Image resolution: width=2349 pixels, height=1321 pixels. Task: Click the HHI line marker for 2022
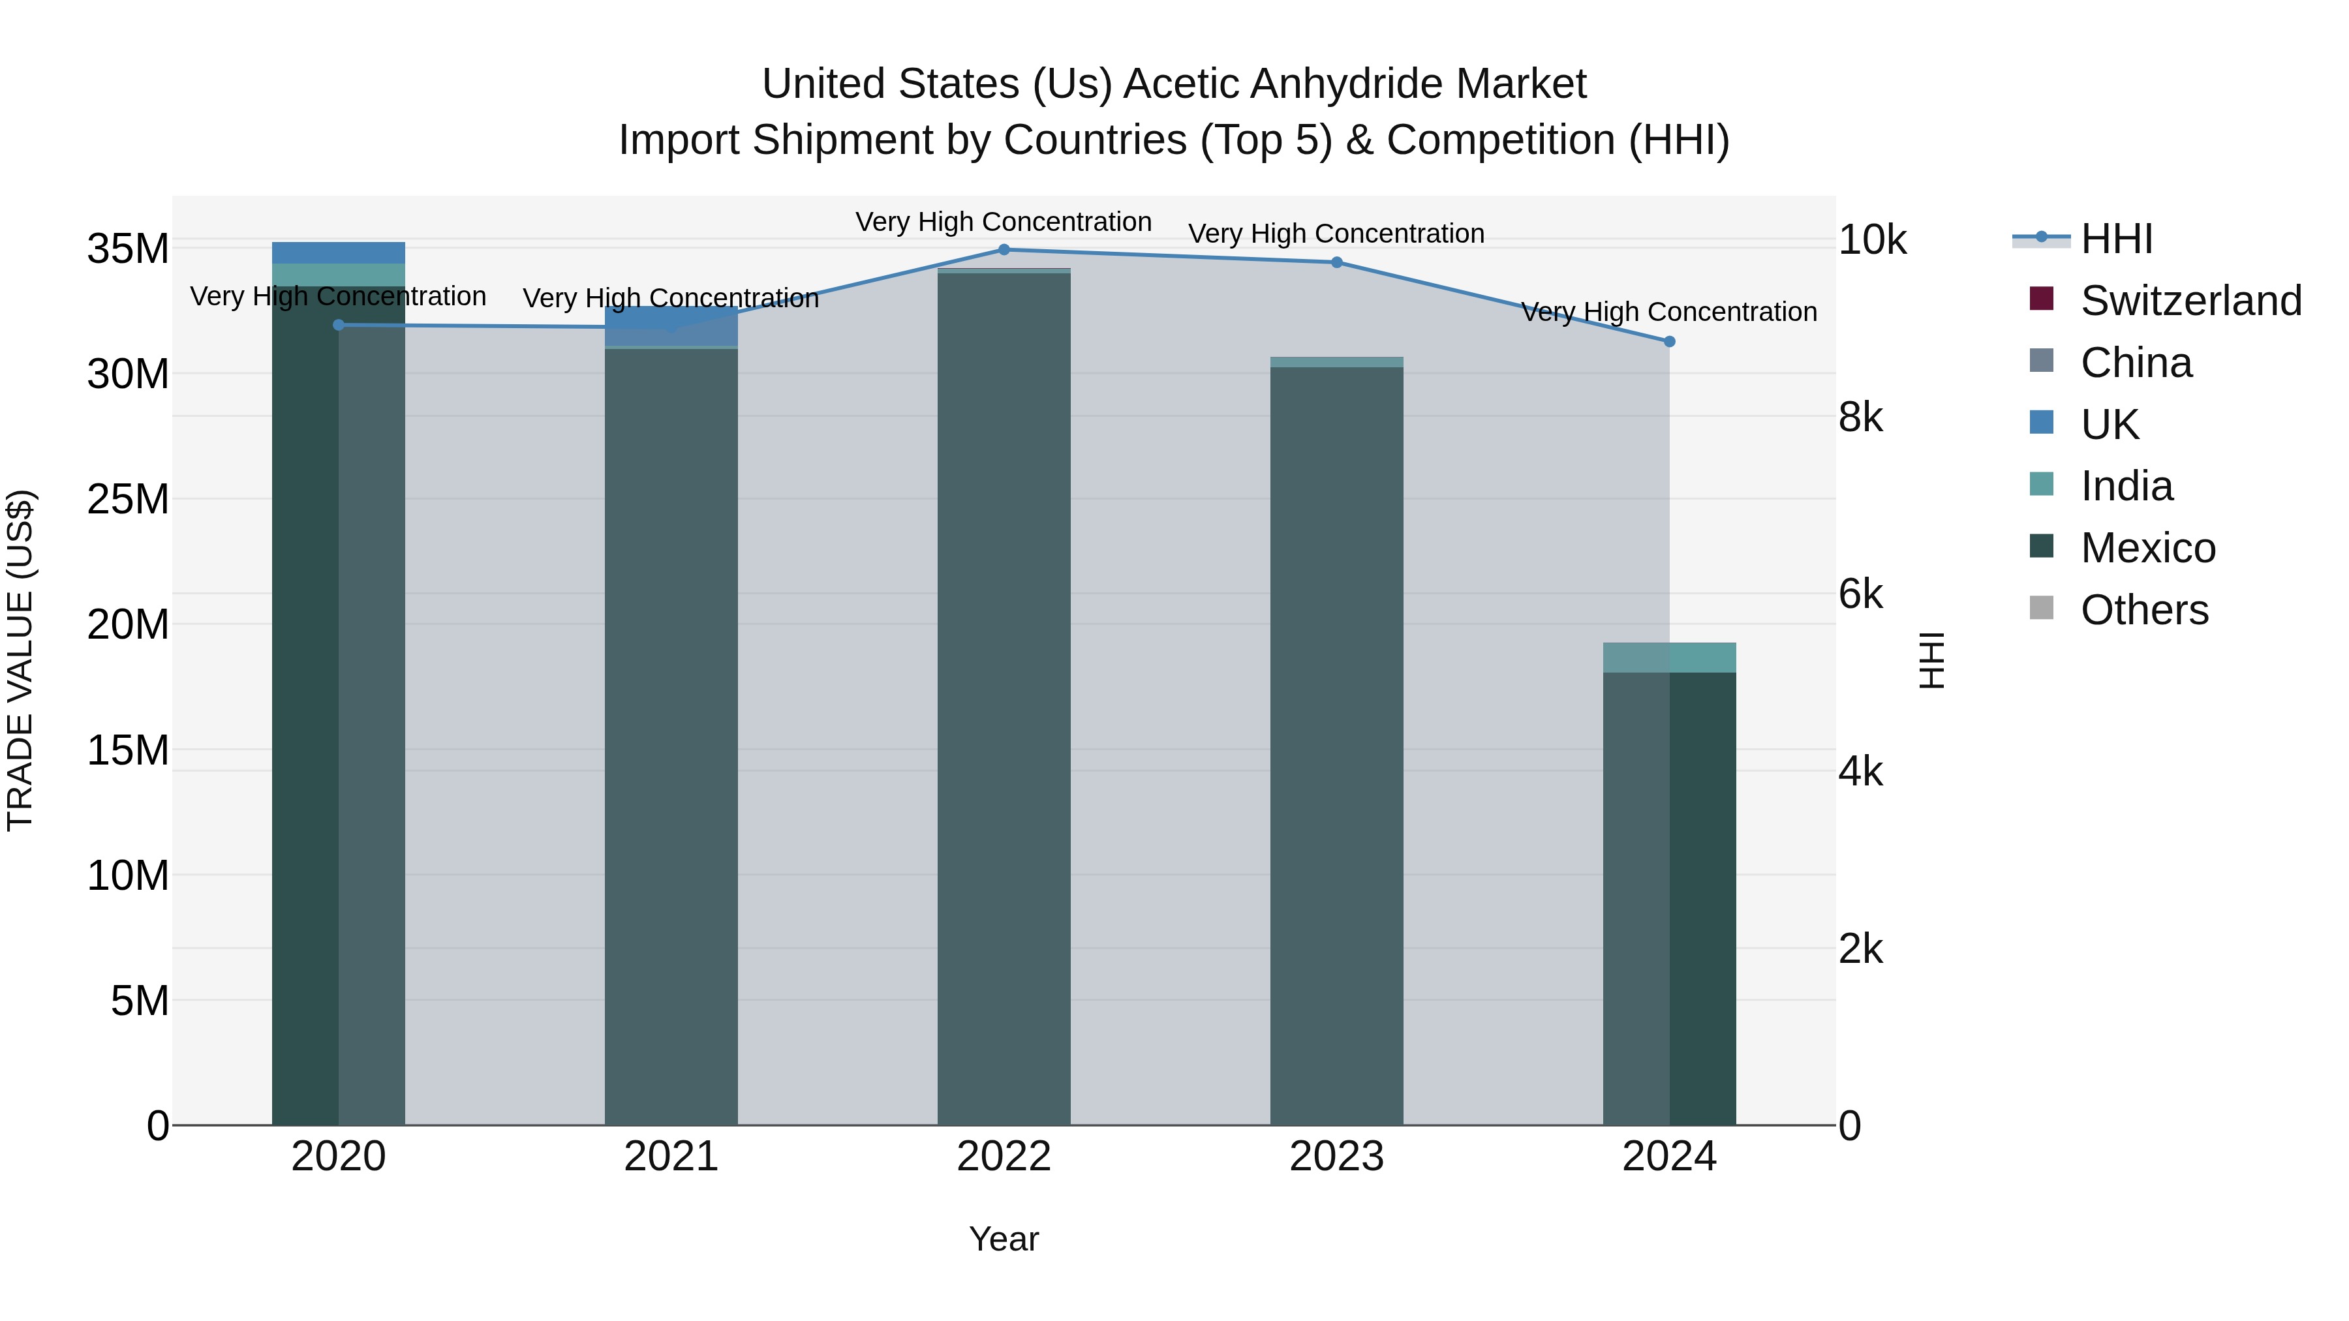pyautogui.click(x=1004, y=250)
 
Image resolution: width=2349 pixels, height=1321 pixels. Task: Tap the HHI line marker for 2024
pyautogui.click(x=1670, y=342)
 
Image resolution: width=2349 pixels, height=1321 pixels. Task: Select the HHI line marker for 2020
pyautogui.click(x=338, y=326)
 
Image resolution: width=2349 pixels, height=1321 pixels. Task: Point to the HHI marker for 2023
pyautogui.click(x=1337, y=262)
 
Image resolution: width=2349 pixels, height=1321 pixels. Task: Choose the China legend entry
pyautogui.click(x=2135, y=363)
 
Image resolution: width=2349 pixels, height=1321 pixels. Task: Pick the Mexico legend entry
pyautogui.click(x=2147, y=548)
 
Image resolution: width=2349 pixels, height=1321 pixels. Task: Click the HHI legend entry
pyautogui.click(x=2115, y=239)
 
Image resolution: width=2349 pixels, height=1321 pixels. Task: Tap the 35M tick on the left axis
pyautogui.click(x=128, y=249)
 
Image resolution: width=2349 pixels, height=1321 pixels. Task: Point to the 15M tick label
pyautogui.click(x=128, y=750)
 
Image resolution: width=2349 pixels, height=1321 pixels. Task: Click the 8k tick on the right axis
pyautogui.click(x=1861, y=418)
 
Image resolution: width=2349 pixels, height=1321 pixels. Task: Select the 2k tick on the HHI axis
pyautogui.click(x=1861, y=949)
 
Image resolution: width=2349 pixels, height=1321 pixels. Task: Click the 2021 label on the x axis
pyautogui.click(x=671, y=1157)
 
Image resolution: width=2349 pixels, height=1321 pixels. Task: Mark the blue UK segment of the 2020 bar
pyautogui.click(x=338, y=252)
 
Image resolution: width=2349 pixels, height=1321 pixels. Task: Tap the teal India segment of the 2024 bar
pyautogui.click(x=1670, y=658)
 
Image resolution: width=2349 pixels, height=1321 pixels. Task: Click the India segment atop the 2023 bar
pyautogui.click(x=1337, y=362)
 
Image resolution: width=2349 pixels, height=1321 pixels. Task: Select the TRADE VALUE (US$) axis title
pyautogui.click(x=20, y=660)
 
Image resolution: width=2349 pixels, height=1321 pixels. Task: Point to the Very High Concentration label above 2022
pyautogui.click(x=1004, y=222)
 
